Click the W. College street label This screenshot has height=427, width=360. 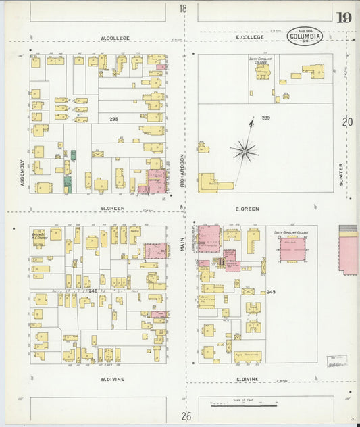[x=114, y=39]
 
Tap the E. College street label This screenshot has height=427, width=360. [x=250, y=37]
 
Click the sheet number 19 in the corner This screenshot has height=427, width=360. [x=344, y=18]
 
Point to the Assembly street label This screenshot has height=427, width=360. [x=22, y=173]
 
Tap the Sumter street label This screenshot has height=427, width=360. [x=341, y=174]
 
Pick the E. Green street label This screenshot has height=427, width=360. [x=247, y=209]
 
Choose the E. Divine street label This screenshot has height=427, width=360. [x=248, y=380]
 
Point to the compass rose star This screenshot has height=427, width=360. [x=244, y=150]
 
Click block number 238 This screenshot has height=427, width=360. [x=113, y=119]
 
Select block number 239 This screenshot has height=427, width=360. [x=265, y=118]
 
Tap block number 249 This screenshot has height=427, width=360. [x=271, y=292]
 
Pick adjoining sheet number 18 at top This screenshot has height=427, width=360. [x=183, y=9]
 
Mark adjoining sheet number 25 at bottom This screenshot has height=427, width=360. [x=186, y=416]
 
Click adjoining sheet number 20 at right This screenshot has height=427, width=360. [x=347, y=122]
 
